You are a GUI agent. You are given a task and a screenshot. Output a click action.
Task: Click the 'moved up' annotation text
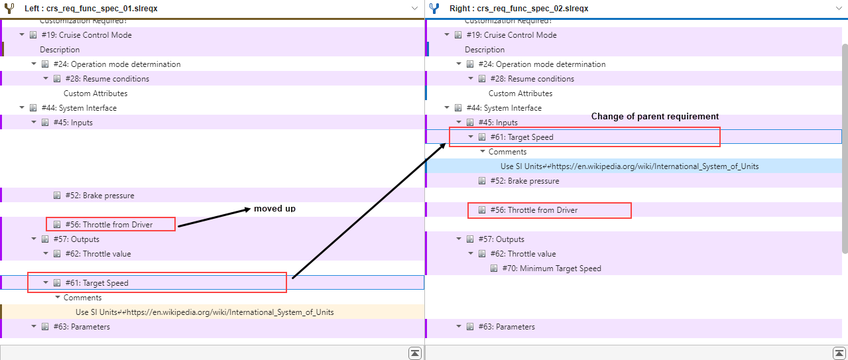coord(274,209)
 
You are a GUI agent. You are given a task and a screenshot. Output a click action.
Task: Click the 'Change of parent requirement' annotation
coord(655,116)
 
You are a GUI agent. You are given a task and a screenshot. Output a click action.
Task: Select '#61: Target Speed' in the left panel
coord(97,283)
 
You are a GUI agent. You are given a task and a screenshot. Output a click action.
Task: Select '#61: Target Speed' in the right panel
coord(522,137)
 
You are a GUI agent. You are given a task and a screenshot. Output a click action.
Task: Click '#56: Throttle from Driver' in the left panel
coord(109,225)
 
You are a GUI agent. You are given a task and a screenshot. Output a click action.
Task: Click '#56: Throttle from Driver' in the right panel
coord(534,210)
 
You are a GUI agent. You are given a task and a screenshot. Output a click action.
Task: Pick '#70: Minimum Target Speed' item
coord(552,269)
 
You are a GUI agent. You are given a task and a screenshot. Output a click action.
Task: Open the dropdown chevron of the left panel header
coord(414,9)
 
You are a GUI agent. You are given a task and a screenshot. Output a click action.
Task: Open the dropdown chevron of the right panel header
coord(839,9)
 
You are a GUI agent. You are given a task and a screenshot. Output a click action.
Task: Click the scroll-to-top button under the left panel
coord(415,353)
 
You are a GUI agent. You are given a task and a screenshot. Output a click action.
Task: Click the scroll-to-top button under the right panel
coord(839,353)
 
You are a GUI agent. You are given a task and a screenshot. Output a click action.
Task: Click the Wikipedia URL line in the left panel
coord(204,312)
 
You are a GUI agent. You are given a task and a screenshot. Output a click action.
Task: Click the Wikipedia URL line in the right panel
coord(630,166)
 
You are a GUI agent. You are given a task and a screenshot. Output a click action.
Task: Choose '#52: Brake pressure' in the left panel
coord(99,196)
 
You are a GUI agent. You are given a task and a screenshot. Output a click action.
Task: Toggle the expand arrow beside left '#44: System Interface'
coord(22,108)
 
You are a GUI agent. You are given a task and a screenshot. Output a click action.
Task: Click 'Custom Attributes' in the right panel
coord(520,93)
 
